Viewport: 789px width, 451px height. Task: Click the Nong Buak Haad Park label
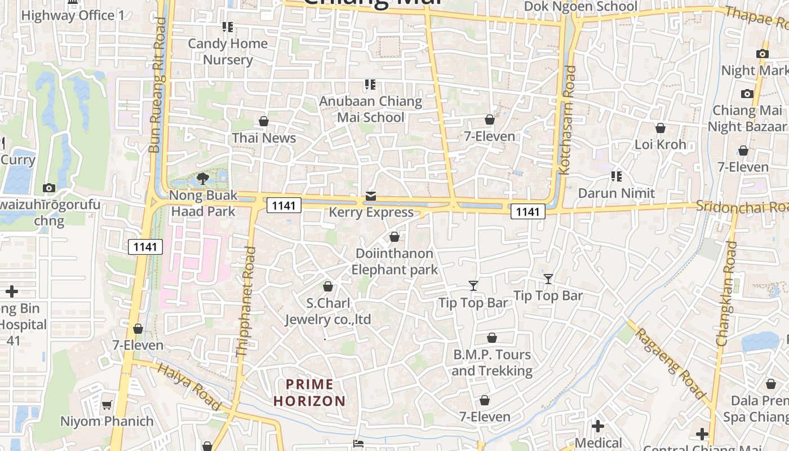[x=203, y=204]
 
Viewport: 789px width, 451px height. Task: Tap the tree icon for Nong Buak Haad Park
[x=203, y=179]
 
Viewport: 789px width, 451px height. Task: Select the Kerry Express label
[x=371, y=213]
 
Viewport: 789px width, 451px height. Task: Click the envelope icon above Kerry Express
[x=371, y=196]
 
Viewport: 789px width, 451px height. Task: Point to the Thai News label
[x=264, y=138]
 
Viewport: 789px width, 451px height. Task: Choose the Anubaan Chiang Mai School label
[x=371, y=109]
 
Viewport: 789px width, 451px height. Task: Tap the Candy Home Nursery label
[x=228, y=51]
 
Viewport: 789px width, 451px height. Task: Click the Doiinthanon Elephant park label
[x=394, y=262]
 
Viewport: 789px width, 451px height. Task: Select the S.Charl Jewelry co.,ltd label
[x=328, y=311]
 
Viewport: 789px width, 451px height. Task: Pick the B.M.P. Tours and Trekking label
[x=492, y=362]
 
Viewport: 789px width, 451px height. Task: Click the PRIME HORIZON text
[x=309, y=393]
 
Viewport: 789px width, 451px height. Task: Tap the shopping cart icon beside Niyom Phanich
[x=107, y=405]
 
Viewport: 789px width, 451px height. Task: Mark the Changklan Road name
[x=726, y=293]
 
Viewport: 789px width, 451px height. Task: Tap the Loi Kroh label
[x=661, y=144]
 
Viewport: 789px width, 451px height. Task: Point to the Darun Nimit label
[x=617, y=193]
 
